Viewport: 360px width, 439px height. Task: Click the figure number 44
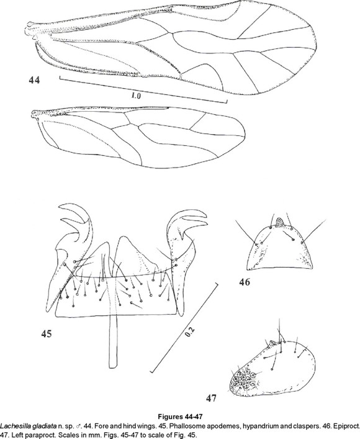34,80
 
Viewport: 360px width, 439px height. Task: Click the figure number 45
47,333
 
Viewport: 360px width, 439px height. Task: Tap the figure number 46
245,282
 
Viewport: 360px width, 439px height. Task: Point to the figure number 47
211,398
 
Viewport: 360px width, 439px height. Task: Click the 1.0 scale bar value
136,96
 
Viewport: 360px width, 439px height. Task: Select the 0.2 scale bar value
189,332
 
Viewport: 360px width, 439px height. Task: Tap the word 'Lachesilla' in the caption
10,426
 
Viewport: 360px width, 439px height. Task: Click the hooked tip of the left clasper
60,207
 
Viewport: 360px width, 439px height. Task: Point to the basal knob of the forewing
29,25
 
